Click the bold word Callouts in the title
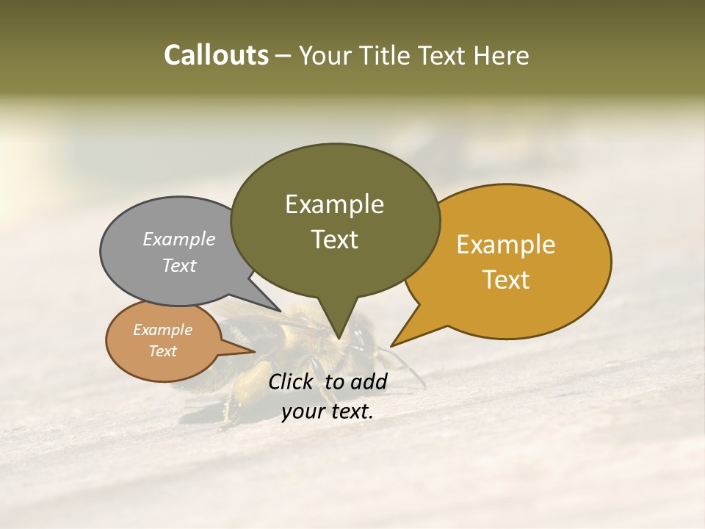(216, 55)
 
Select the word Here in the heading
(501, 56)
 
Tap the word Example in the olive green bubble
(334, 204)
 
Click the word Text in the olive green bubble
(334, 239)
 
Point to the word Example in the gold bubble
(506, 245)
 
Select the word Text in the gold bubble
(506, 279)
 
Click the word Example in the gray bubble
(178, 239)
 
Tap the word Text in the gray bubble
(178, 265)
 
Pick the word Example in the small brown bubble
(162, 330)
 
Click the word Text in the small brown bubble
(162, 351)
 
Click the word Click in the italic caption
(292, 381)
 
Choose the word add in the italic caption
(370, 381)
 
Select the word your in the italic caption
(303, 411)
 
